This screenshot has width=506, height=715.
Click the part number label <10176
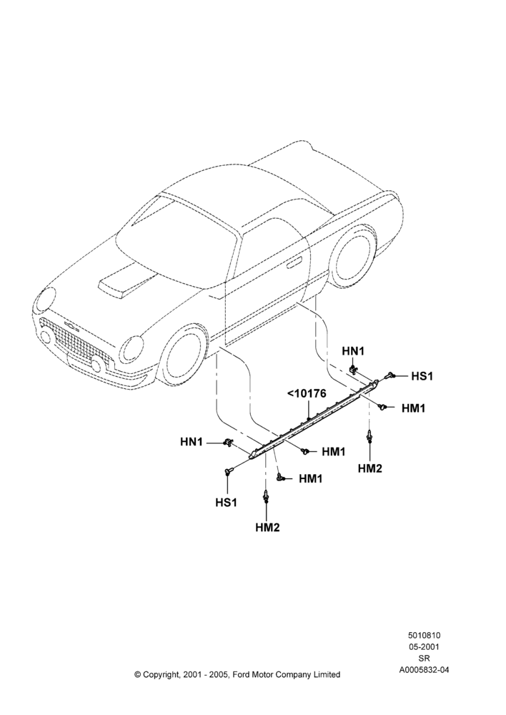tap(307, 393)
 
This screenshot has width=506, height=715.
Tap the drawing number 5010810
tap(424, 635)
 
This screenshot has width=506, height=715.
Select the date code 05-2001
tap(424, 646)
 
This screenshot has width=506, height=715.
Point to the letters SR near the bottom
tap(424, 659)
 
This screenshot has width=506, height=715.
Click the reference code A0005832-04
tap(424, 670)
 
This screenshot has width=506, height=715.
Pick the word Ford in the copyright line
tap(242, 674)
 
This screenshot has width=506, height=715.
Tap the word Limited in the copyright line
tap(327, 674)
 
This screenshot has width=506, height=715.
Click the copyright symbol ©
tap(137, 674)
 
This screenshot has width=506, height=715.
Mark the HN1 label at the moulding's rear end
tap(353, 351)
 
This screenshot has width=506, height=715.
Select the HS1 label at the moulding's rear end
tap(422, 376)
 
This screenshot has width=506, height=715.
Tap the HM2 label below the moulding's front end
tap(267, 528)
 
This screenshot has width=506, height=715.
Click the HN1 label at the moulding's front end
tap(192, 442)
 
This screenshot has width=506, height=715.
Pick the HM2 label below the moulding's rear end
tap(369, 468)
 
